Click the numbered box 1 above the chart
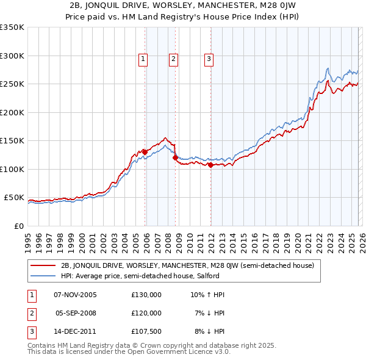tap(143, 59)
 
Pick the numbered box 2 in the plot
tap(173, 59)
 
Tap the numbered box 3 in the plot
tap(209, 59)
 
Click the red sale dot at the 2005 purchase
tap(145, 152)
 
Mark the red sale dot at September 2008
tap(175, 157)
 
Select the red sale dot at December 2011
tap(210, 165)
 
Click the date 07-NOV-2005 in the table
tap(76, 295)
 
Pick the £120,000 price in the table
tap(146, 313)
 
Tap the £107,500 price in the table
tap(146, 331)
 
